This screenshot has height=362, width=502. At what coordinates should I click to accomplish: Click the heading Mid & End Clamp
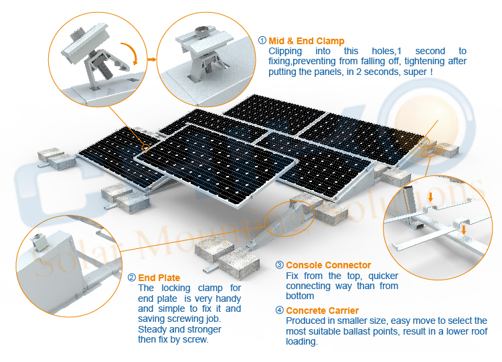[307, 41]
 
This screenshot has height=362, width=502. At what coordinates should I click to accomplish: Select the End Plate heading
[159, 278]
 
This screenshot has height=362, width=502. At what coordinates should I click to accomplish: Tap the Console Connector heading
[329, 265]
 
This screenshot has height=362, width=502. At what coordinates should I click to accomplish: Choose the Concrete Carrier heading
[323, 310]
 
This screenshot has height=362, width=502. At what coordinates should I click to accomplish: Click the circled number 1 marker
[262, 40]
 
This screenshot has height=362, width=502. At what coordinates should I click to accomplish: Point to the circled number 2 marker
[132, 277]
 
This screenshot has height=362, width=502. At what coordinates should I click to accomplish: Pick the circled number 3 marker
[280, 265]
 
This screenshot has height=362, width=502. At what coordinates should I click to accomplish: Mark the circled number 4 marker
[280, 310]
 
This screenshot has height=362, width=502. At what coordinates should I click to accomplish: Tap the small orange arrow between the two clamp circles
[152, 59]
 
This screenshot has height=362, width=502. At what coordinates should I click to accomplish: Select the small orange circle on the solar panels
[146, 148]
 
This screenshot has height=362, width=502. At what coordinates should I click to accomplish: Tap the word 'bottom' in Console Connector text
[300, 296]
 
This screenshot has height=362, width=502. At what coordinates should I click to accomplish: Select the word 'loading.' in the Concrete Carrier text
[302, 341]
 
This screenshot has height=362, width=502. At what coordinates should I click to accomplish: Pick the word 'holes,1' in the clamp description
[386, 52]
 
